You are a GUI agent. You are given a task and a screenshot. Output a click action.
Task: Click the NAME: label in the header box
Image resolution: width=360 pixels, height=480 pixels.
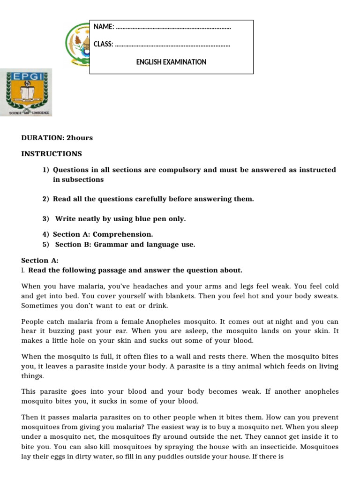point(104,27)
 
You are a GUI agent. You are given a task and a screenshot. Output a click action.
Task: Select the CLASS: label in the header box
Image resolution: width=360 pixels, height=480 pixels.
point(104,45)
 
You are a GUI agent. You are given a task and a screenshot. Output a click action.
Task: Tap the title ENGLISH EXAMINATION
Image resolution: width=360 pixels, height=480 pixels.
point(171,62)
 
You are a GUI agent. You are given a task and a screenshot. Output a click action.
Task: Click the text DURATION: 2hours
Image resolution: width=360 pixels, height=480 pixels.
point(57,138)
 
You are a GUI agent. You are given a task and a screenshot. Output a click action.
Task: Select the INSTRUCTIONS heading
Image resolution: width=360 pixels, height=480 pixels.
point(52,154)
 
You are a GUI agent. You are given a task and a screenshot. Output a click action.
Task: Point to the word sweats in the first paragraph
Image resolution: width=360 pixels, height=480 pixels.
point(324,296)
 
